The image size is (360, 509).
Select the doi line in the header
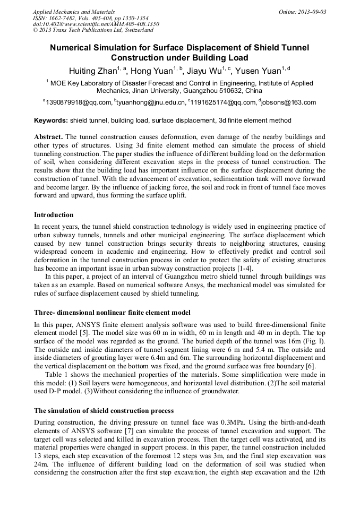[x=96, y=24]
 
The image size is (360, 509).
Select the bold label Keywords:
[x=51, y=121]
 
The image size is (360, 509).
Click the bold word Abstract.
[x=48, y=136]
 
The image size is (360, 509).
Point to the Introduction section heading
[x=54, y=215]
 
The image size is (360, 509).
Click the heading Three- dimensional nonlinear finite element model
[x=112, y=312]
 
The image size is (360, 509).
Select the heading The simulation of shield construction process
[x=104, y=410]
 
